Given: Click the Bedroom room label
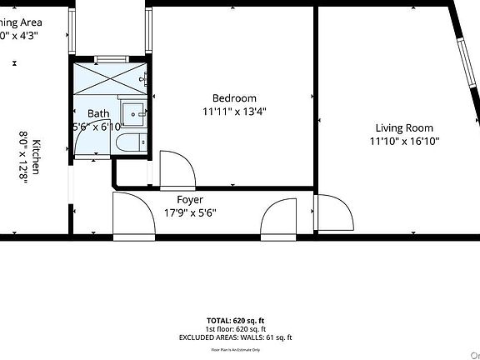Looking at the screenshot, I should click(x=234, y=97).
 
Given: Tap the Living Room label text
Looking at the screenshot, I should click(x=404, y=127).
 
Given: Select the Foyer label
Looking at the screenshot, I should click(x=190, y=200).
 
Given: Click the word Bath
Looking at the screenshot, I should click(x=98, y=114).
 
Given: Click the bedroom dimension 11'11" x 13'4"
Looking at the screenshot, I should click(x=234, y=111).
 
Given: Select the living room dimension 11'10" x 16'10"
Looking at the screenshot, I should click(x=404, y=141).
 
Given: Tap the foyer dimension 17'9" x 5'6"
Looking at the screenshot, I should click(x=190, y=212).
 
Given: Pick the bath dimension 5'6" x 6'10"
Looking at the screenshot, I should click(x=98, y=127).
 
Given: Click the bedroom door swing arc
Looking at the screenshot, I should click(x=177, y=168).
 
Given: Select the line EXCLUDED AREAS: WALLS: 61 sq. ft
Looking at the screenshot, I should click(x=236, y=337).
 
